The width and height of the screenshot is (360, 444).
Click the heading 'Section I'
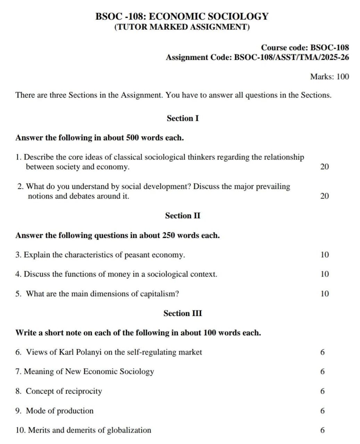(183, 118)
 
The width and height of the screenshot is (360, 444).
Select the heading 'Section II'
(183, 216)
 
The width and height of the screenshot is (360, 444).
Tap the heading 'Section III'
(183, 314)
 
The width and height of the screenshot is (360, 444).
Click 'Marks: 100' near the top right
(329, 77)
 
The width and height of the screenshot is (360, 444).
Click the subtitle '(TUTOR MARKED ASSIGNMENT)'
(182, 27)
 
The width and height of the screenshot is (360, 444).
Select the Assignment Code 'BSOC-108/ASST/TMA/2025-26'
(292, 57)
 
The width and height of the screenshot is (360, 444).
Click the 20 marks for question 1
(324, 167)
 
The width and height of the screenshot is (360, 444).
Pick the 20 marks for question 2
(324, 196)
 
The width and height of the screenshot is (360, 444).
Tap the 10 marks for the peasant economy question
(324, 255)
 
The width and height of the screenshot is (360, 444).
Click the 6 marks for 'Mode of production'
(323, 411)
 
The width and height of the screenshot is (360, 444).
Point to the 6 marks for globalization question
(323, 430)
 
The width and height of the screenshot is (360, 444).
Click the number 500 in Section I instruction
(132, 138)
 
